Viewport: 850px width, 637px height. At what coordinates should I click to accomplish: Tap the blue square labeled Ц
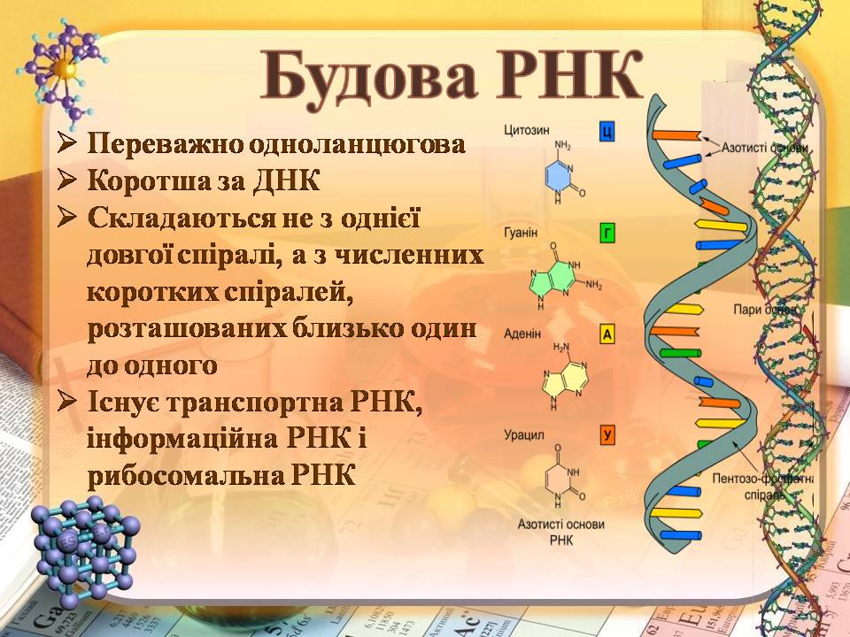(x=607, y=133)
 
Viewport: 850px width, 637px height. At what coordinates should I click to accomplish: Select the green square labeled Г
(x=607, y=234)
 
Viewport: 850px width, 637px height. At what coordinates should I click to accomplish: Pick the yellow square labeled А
(x=607, y=334)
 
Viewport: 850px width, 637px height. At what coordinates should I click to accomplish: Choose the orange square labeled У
(x=607, y=434)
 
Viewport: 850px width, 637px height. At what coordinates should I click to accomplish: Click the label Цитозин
(x=524, y=131)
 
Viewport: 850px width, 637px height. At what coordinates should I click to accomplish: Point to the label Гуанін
(x=522, y=233)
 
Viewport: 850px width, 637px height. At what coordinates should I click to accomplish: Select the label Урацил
(x=523, y=435)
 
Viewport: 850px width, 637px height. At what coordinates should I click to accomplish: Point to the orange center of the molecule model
(x=62, y=68)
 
